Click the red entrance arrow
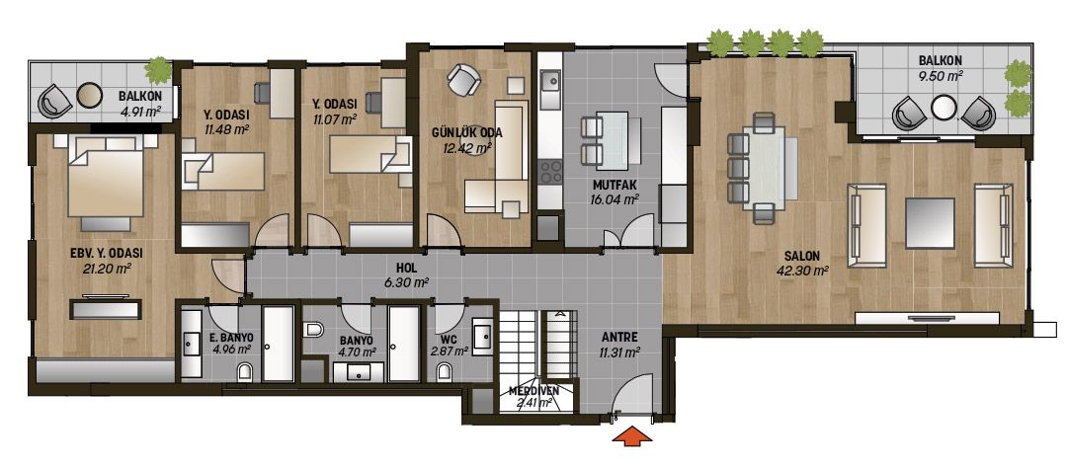click(x=632, y=436)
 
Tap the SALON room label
click(x=801, y=257)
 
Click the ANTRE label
click(x=619, y=337)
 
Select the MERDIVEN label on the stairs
click(x=534, y=391)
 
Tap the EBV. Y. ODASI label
click(x=106, y=253)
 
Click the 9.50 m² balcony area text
click(x=943, y=76)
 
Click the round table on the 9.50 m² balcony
click(x=944, y=108)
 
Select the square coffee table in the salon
click(x=930, y=223)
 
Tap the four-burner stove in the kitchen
click(x=550, y=171)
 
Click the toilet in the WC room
click(x=445, y=371)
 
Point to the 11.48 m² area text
click(x=226, y=128)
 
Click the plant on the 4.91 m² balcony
click(x=158, y=69)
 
